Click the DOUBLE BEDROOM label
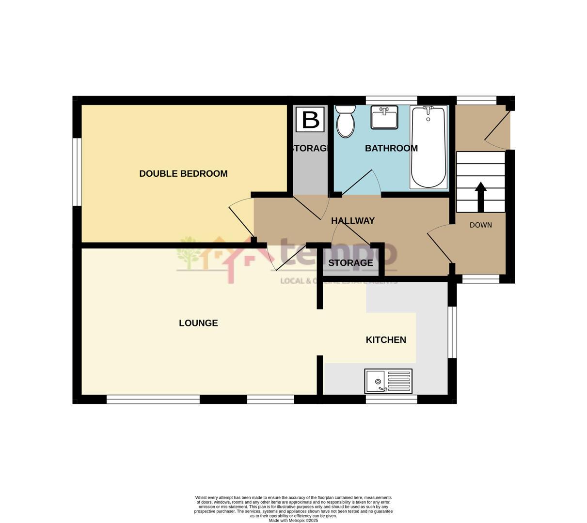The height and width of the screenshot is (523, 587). (x=183, y=173)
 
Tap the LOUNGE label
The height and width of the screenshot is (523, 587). (x=198, y=323)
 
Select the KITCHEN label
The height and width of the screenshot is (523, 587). (x=386, y=340)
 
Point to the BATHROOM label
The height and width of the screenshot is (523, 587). (x=391, y=148)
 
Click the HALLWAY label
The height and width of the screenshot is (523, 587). (x=353, y=221)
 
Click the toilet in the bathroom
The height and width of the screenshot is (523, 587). (x=345, y=121)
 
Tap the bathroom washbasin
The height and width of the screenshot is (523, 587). (x=384, y=117)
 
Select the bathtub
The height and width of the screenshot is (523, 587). (x=428, y=147)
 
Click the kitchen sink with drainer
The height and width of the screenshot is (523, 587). (x=388, y=381)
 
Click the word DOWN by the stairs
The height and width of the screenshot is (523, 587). (x=481, y=225)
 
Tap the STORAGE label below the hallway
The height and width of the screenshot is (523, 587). (x=350, y=263)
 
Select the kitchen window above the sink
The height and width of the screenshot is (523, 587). (x=391, y=400)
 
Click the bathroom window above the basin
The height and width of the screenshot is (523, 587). (x=391, y=100)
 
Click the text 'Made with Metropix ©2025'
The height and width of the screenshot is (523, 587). (x=293, y=521)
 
